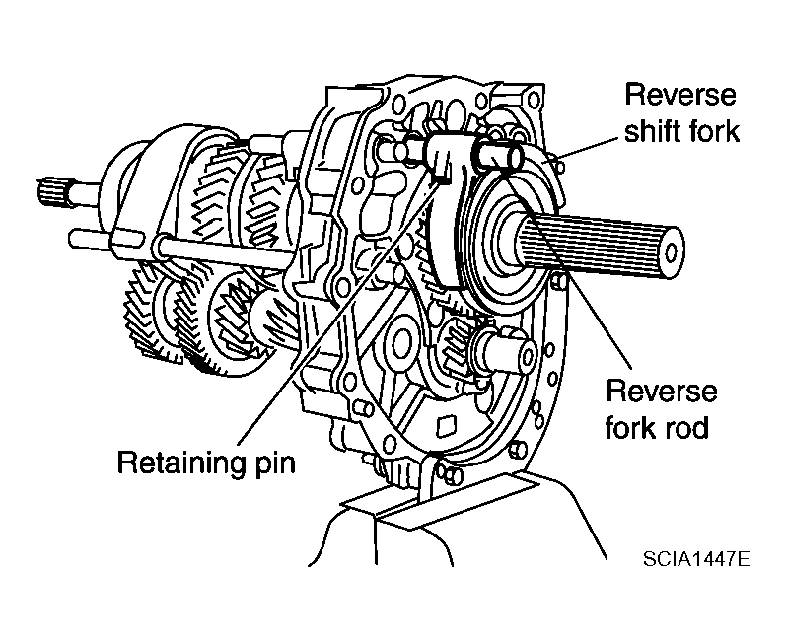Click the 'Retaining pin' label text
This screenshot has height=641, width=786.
point(206,463)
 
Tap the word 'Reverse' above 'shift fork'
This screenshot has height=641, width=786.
point(680,95)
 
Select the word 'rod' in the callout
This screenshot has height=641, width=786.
point(687,428)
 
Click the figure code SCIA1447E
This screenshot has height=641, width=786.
point(696,558)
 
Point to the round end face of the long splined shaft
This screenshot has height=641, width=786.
point(671,253)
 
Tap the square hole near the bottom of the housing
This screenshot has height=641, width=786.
point(447,426)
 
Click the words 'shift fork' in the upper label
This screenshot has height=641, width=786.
point(681,131)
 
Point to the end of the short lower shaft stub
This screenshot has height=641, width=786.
point(526,356)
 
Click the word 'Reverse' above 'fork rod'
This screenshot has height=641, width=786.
point(661,391)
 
